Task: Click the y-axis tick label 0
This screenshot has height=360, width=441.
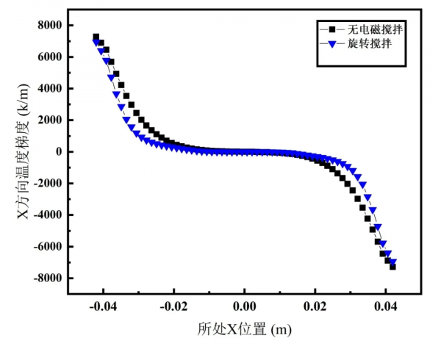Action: pyautogui.click(x=60, y=151)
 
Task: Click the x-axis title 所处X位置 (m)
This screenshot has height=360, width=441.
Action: pyautogui.click(x=244, y=330)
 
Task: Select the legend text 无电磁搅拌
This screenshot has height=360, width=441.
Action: pyautogui.click(x=375, y=29)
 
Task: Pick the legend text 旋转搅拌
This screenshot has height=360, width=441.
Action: pyautogui.click(x=368, y=45)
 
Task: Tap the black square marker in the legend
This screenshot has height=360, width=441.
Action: pyautogui.click(x=332, y=29)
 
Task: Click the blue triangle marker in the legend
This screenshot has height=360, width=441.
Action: pyautogui.click(x=332, y=45)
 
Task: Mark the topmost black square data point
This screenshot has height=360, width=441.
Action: pyautogui.click(x=96, y=37)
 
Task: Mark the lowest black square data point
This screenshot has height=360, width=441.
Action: pyautogui.click(x=392, y=267)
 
